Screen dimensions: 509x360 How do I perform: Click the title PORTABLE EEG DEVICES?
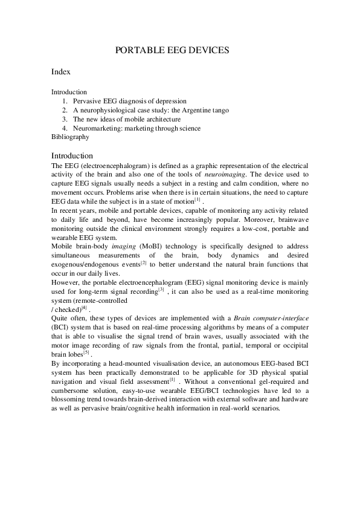click(172, 50)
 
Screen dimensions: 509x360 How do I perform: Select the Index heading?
click(61, 72)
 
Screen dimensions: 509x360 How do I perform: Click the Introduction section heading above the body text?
click(72, 155)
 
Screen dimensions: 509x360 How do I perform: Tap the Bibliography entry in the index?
click(70, 137)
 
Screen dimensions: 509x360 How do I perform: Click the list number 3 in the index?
click(65, 119)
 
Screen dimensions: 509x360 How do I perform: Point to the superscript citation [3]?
click(161, 288)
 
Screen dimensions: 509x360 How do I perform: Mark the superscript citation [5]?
click(86, 351)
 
